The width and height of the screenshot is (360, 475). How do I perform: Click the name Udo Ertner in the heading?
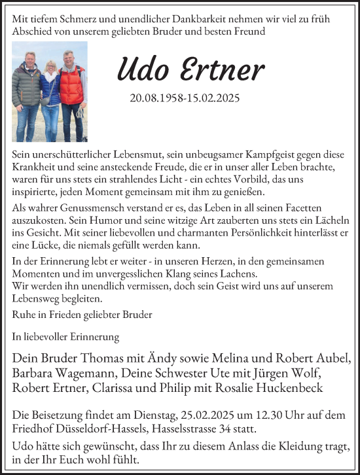click(191, 68)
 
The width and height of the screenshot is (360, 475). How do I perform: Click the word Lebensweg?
click(37, 298)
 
